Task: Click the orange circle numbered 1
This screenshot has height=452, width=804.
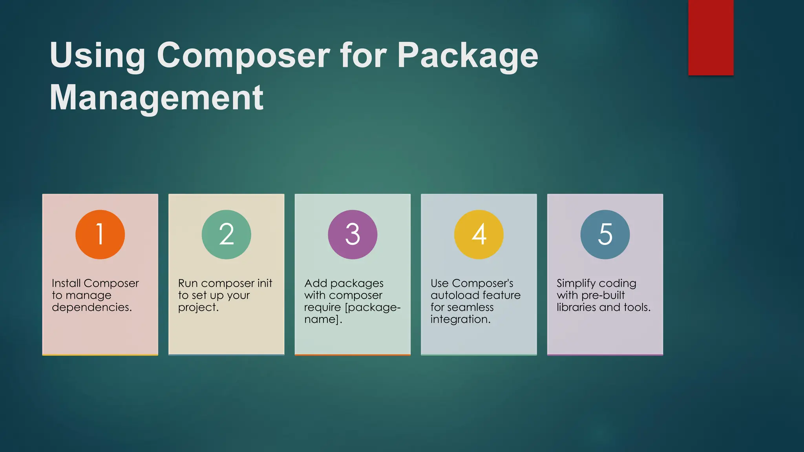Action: (x=100, y=235)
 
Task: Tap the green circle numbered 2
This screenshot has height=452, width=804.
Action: (x=227, y=235)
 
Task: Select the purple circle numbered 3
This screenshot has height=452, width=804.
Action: (x=353, y=235)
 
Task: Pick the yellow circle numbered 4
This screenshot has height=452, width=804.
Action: (x=479, y=235)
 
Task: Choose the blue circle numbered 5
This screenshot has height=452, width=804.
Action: (x=605, y=235)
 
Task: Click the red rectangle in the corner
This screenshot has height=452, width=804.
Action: (x=711, y=38)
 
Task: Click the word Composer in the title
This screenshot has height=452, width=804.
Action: (x=243, y=56)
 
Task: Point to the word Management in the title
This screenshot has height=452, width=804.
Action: (x=156, y=98)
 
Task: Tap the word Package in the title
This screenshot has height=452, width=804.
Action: (x=468, y=56)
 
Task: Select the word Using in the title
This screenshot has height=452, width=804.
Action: (x=97, y=56)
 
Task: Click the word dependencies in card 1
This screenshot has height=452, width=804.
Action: (x=91, y=307)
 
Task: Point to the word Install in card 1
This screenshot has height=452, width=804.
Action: (x=66, y=283)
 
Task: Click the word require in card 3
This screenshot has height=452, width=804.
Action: (x=322, y=307)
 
